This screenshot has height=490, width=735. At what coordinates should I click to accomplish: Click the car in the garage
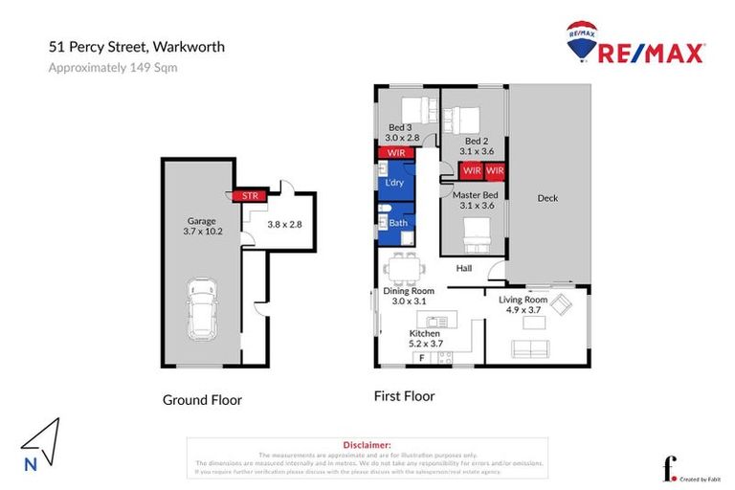coord(203,309)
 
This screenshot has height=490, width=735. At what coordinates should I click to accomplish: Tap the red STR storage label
coord(249,196)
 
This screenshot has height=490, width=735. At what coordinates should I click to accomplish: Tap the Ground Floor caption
coord(202,400)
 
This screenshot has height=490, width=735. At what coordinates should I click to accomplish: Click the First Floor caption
coord(404,395)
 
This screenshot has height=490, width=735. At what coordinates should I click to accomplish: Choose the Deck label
coord(547,198)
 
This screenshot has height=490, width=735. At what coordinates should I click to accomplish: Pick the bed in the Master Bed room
coord(474,233)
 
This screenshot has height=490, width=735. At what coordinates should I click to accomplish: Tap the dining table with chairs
coord(401,269)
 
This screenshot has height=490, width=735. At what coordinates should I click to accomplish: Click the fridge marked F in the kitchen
coord(418,358)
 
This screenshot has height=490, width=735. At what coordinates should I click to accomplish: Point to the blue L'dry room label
coord(394,182)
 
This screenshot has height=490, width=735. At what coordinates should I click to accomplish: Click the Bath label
coord(398,221)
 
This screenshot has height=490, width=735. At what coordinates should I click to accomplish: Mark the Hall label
coord(464,268)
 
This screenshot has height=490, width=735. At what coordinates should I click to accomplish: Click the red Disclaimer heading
coord(367,445)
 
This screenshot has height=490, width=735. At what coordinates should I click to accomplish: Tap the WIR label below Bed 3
coord(395,153)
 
